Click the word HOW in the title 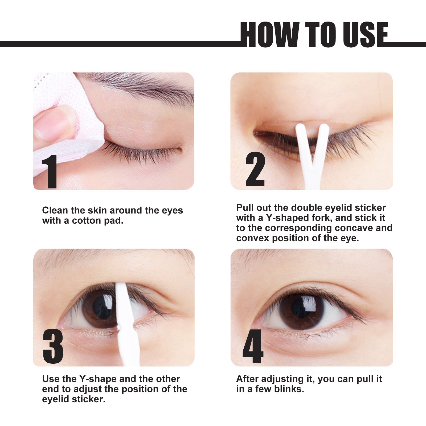click(269, 35)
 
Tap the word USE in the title click(365, 35)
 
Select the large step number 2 click(255, 169)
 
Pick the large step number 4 click(253, 346)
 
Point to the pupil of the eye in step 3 click(103, 308)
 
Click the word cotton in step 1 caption click(87, 221)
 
